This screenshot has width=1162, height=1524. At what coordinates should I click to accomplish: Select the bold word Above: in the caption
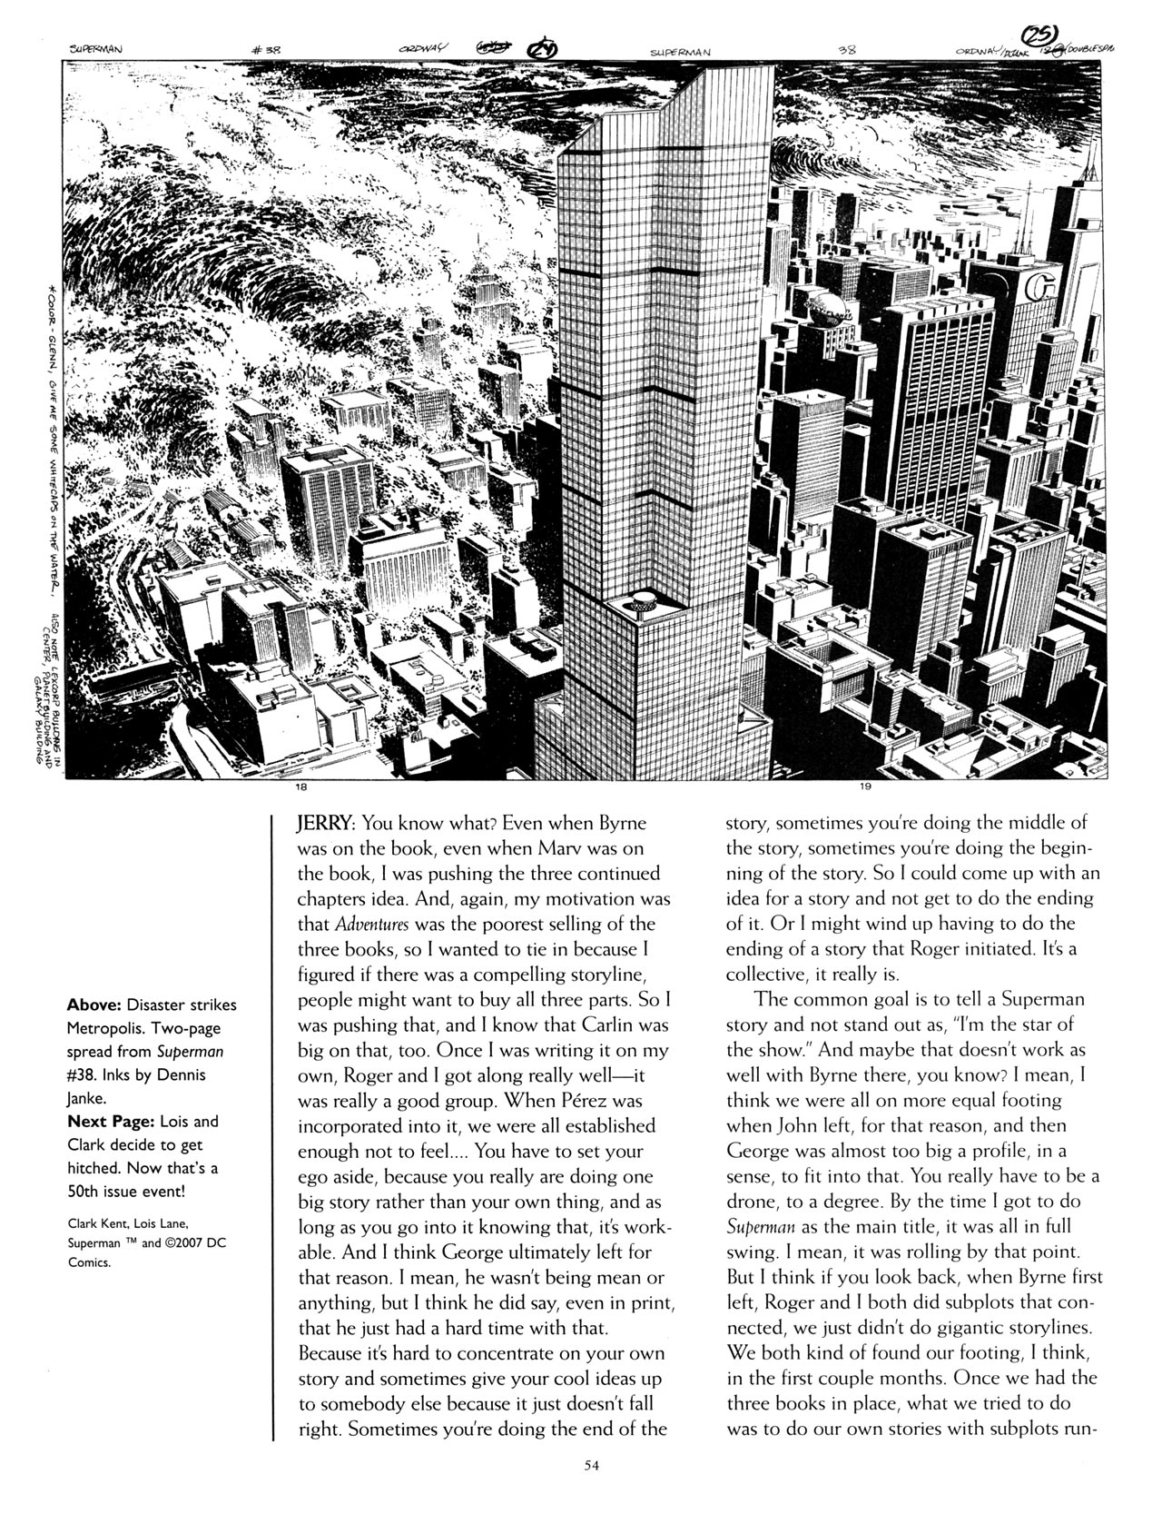(x=96, y=1004)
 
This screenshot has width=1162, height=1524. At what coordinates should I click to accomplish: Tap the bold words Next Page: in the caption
(x=105, y=1122)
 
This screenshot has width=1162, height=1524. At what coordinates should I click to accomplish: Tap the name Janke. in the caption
(x=87, y=1098)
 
